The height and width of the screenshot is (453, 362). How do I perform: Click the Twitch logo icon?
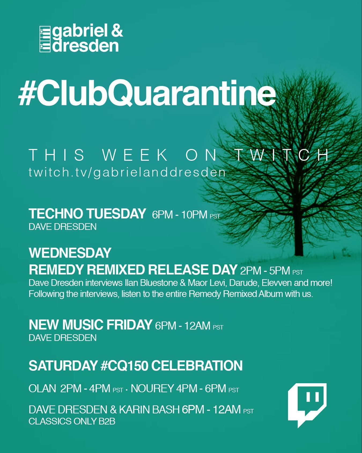307,404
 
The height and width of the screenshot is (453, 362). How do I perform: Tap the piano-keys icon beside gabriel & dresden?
45,39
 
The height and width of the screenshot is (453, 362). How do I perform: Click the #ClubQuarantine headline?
147,94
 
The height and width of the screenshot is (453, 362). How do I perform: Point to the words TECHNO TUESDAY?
87,214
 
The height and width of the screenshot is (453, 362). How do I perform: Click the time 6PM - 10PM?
180,215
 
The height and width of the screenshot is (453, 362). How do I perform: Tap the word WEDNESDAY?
70,253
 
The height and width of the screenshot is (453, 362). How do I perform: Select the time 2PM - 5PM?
265,271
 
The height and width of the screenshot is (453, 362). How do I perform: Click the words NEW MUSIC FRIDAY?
90,325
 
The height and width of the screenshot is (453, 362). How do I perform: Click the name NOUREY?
152,389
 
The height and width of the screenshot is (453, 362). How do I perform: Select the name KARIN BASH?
149,409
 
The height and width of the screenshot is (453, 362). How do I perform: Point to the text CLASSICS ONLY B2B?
72,421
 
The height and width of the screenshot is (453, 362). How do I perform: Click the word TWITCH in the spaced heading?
282,155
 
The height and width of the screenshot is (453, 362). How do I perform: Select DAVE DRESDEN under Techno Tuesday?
62,227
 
